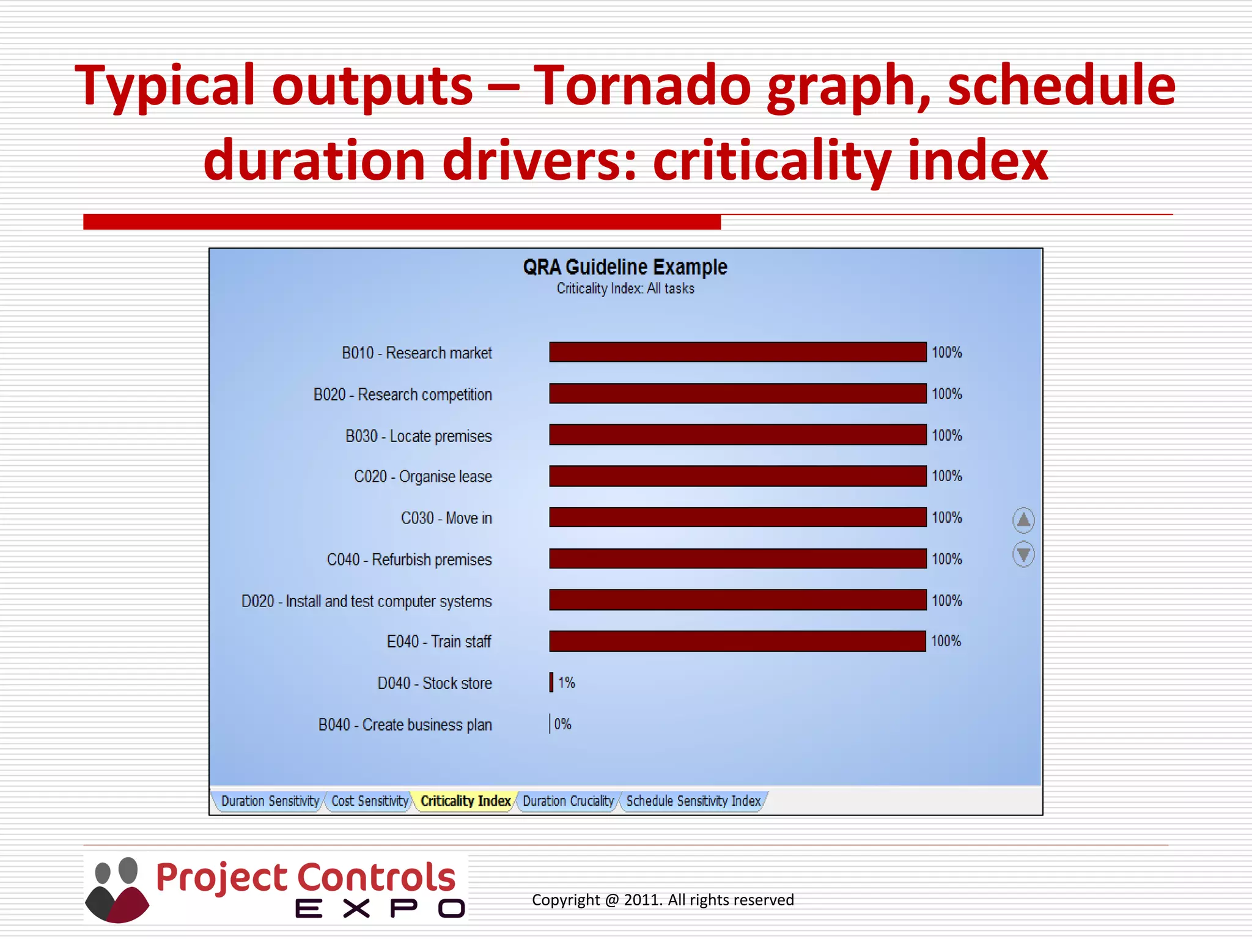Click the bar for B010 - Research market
click(737, 352)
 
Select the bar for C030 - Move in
click(737, 517)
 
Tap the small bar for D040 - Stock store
click(551, 682)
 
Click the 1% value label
click(567, 683)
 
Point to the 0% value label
click(563, 724)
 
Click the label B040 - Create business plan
click(405, 725)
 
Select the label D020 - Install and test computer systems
click(366, 602)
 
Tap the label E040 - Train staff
click(439, 642)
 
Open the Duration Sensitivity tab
click(270, 801)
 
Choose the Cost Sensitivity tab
click(369, 801)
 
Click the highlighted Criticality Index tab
click(465, 801)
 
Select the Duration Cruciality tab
click(568, 801)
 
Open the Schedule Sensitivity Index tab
click(693, 801)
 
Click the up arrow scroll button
click(1023, 520)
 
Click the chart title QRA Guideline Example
click(625, 267)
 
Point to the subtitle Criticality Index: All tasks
click(625, 289)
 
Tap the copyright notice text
click(663, 900)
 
